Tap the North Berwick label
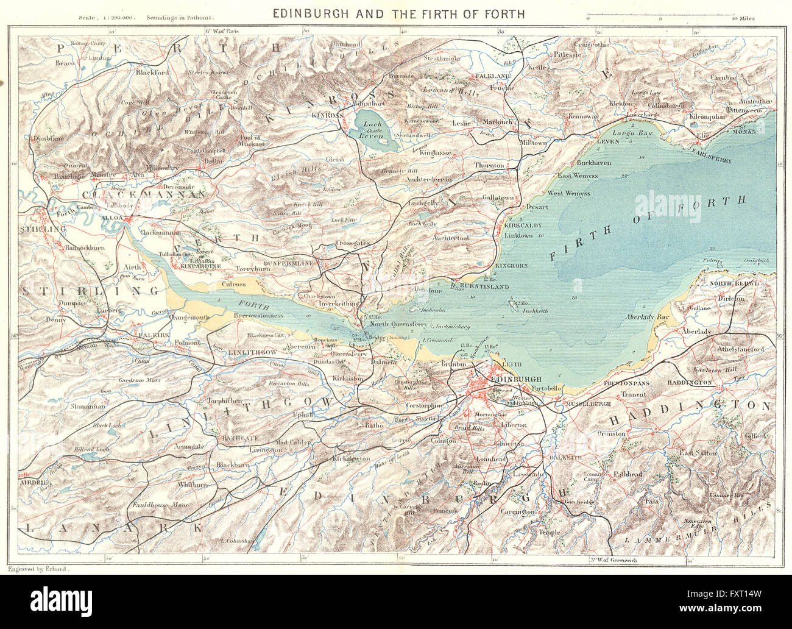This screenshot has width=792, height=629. point(738,283)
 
